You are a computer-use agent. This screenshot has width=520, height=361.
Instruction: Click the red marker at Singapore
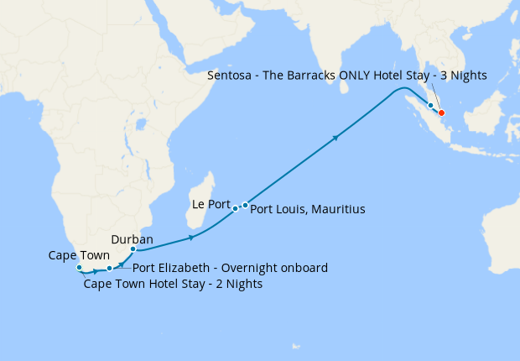click(x=442, y=113)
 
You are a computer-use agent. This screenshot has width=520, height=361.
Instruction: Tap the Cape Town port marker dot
click(x=79, y=268)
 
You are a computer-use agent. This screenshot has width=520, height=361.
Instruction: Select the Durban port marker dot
click(x=133, y=249)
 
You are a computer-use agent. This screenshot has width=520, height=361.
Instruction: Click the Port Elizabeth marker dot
click(x=109, y=269)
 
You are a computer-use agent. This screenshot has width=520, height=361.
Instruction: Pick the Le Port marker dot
click(x=236, y=207)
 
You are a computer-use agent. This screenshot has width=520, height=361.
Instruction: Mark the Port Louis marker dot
click(x=245, y=205)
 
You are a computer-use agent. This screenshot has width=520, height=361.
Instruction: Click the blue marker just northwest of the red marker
click(x=431, y=106)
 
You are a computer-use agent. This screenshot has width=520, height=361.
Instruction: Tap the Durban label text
click(x=132, y=239)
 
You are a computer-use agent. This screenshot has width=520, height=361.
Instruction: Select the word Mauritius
click(x=338, y=208)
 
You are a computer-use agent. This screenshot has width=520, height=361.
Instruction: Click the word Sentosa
click(x=231, y=76)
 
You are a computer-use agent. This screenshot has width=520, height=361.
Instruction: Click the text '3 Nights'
click(x=461, y=76)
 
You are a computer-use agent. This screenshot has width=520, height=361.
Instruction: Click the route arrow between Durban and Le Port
click(x=192, y=238)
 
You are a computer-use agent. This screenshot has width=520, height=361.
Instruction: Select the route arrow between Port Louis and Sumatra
click(x=336, y=137)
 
